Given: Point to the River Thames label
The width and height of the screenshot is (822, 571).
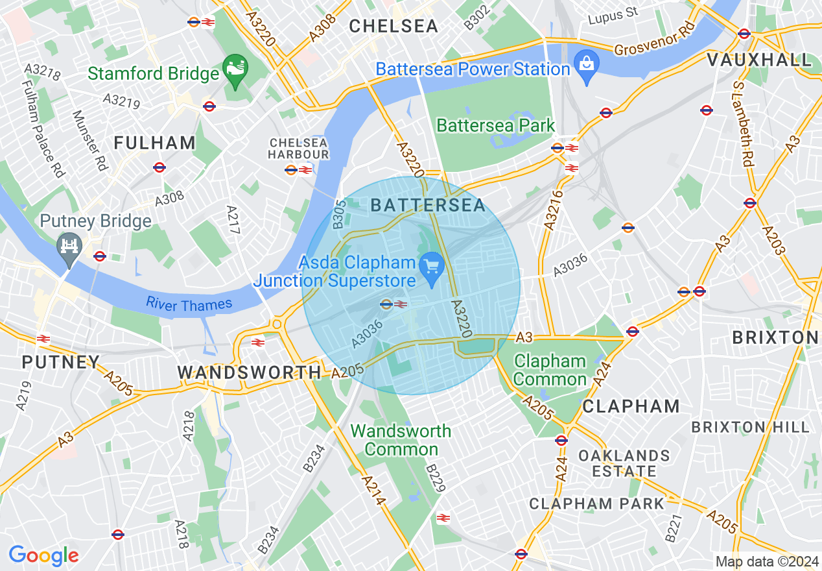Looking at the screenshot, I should pyautogui.click(x=189, y=304).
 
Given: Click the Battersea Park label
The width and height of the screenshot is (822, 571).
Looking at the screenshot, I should pyautogui.click(x=496, y=125).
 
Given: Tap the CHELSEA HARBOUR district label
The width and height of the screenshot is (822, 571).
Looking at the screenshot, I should pyautogui.click(x=299, y=149).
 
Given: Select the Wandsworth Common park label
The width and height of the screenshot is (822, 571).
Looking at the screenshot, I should pyautogui.click(x=401, y=440).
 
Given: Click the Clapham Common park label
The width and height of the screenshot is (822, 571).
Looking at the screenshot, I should pyautogui.click(x=550, y=370).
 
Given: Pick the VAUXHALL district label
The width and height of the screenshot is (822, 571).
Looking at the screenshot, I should pyautogui.click(x=759, y=60).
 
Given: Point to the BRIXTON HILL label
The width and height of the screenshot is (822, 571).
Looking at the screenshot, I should pyautogui.click(x=750, y=427).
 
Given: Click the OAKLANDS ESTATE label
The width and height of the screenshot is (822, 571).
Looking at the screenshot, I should pyautogui.click(x=624, y=463).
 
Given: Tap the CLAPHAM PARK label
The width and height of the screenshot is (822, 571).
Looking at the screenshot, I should pyautogui.click(x=596, y=504).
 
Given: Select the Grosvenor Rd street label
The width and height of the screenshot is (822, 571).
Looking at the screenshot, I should pyautogui.click(x=654, y=40).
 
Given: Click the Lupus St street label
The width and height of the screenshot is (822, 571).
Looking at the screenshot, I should pyautogui.click(x=613, y=14).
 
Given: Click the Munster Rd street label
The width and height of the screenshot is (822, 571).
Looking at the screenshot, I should pyautogui.click(x=89, y=141).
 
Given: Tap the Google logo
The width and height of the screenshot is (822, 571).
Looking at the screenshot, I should pyautogui.click(x=43, y=555).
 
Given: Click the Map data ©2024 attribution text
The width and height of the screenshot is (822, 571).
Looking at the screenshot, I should pyautogui.click(x=766, y=561).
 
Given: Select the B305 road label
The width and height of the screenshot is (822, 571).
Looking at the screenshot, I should pyautogui.click(x=338, y=213).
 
